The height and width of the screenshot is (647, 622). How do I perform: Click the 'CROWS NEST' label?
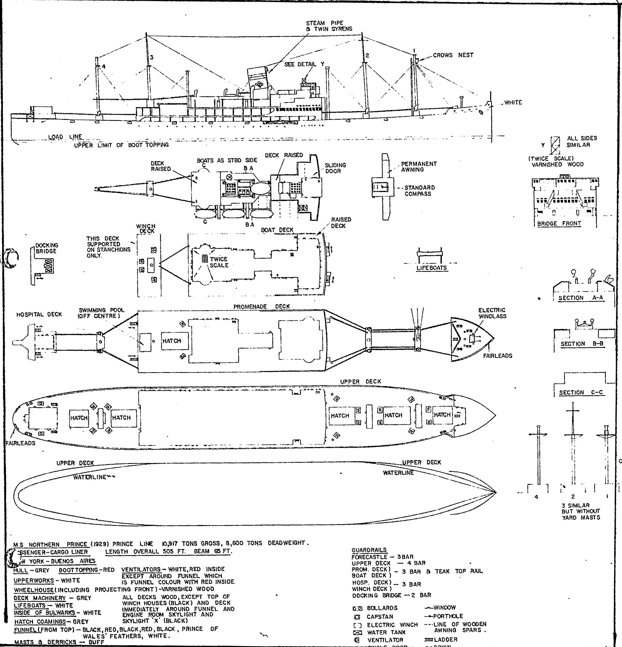click(453, 55)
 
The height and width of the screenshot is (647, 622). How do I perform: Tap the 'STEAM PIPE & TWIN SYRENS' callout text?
click(329, 26)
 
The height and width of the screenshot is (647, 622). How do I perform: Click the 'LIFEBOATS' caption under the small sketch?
click(431, 268)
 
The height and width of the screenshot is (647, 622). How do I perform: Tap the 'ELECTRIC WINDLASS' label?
click(492, 313)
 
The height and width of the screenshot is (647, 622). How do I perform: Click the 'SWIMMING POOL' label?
click(101, 313)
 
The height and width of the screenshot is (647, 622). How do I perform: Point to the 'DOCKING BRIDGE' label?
click(47, 248)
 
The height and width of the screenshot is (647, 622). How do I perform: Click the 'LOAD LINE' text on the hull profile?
click(65, 137)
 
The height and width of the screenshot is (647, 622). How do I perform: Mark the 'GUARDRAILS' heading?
click(369, 550)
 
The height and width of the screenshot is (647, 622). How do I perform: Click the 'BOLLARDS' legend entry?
click(382, 608)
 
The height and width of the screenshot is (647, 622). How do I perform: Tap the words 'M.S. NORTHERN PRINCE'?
click(51, 544)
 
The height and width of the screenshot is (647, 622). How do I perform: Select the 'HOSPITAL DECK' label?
click(39, 315)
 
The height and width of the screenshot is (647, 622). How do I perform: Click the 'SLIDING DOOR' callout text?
click(335, 168)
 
